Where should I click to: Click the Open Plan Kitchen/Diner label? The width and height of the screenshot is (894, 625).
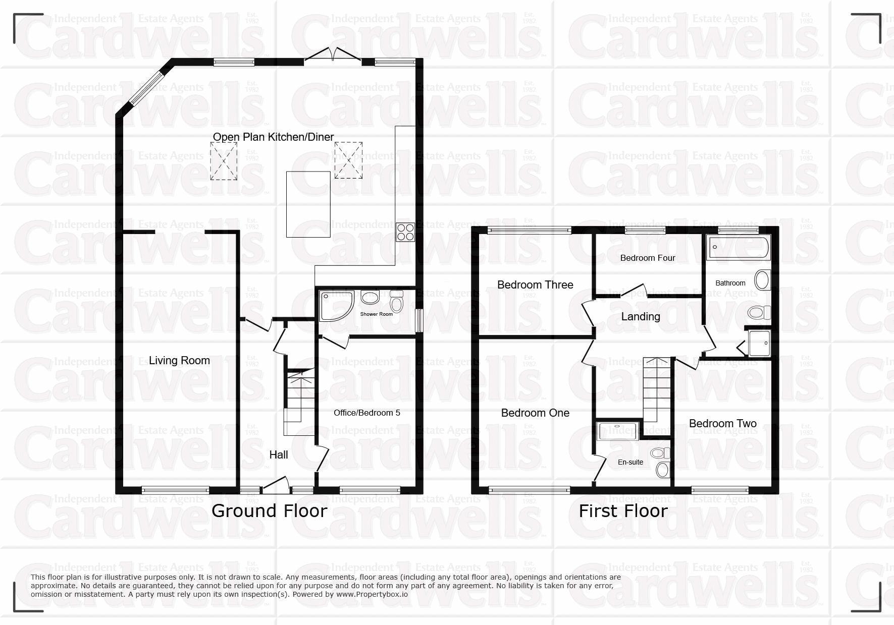273,137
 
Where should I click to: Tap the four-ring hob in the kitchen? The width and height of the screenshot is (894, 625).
405,232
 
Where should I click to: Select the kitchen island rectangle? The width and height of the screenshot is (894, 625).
308,204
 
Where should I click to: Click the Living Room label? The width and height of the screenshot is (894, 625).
179,360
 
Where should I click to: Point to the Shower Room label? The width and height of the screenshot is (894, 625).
376,314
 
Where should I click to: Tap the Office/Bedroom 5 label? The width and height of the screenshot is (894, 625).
367,413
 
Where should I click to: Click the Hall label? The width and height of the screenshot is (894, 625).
278,454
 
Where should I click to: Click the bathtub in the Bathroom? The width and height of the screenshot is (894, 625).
738,248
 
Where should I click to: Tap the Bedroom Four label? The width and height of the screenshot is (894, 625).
648,258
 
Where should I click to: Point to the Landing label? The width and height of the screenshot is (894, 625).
640,316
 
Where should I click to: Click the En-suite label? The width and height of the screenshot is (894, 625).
630,462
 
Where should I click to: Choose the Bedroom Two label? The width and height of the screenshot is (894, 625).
722,423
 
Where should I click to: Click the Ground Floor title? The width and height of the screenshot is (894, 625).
269,510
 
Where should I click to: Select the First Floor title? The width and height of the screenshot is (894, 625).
623,510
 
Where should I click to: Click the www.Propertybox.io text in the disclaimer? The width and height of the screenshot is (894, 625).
372,594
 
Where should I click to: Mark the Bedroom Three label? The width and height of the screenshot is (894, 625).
535,285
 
